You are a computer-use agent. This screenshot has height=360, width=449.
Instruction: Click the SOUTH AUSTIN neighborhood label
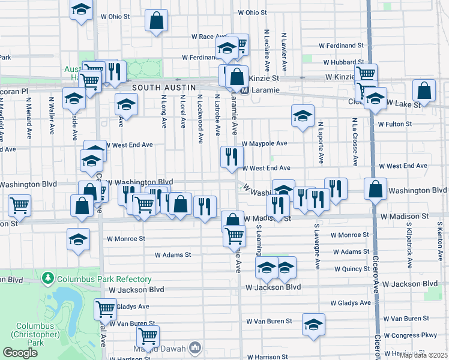click(164, 88)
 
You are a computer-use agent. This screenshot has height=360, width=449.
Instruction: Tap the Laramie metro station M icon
click(245, 91)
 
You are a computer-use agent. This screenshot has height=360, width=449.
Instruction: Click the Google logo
click(20, 353)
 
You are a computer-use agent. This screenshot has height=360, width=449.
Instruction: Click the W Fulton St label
click(394, 124)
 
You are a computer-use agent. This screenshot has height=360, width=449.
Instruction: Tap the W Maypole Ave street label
click(265, 143)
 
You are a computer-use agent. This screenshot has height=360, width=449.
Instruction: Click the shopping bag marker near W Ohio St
click(156, 21)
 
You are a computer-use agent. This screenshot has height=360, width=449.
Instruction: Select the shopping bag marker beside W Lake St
click(424, 91)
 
